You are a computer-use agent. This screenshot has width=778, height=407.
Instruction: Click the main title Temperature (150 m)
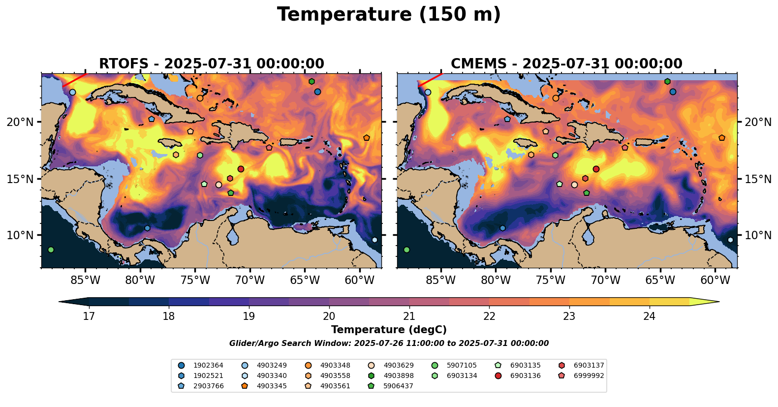tap(389, 15)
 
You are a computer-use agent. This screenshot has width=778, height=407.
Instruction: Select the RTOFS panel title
tap(212, 64)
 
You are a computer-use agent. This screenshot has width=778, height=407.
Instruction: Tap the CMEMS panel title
tap(566, 64)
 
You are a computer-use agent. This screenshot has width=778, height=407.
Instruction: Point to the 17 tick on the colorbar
tap(89, 316)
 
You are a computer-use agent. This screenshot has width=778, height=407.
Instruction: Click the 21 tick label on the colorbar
tap(409, 316)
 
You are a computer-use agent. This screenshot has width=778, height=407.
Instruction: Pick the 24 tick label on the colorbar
tap(649, 316)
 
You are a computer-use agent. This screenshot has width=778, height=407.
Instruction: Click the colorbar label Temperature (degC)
tap(389, 330)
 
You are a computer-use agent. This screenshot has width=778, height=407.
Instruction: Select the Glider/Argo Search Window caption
tap(389, 344)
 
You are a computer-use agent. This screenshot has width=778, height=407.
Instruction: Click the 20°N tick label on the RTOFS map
tap(20, 122)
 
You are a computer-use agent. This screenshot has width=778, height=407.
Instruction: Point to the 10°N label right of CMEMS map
tap(758, 235)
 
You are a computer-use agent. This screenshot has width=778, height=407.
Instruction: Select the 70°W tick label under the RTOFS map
tap(250, 281)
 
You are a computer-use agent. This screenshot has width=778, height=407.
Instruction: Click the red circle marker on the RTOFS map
tap(241, 169)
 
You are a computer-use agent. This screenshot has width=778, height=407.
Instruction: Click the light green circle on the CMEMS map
tap(406, 250)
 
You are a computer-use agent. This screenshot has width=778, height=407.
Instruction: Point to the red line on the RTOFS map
tap(75, 80)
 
